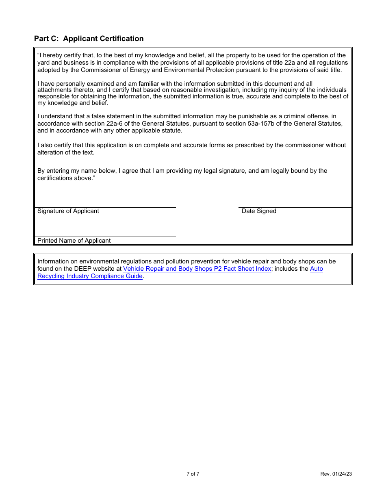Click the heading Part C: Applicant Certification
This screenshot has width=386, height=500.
click(x=89, y=39)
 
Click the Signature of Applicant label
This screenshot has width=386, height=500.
click(x=68, y=211)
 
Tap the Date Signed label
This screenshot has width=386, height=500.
click(x=259, y=211)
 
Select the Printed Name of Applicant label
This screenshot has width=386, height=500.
click(x=74, y=241)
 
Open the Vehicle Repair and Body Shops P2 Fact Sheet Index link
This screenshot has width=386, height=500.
click(x=197, y=269)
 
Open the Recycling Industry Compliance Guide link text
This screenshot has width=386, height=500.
click(x=90, y=276)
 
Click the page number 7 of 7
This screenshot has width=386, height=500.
click(x=193, y=474)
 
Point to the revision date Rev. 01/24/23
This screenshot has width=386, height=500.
click(x=336, y=474)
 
